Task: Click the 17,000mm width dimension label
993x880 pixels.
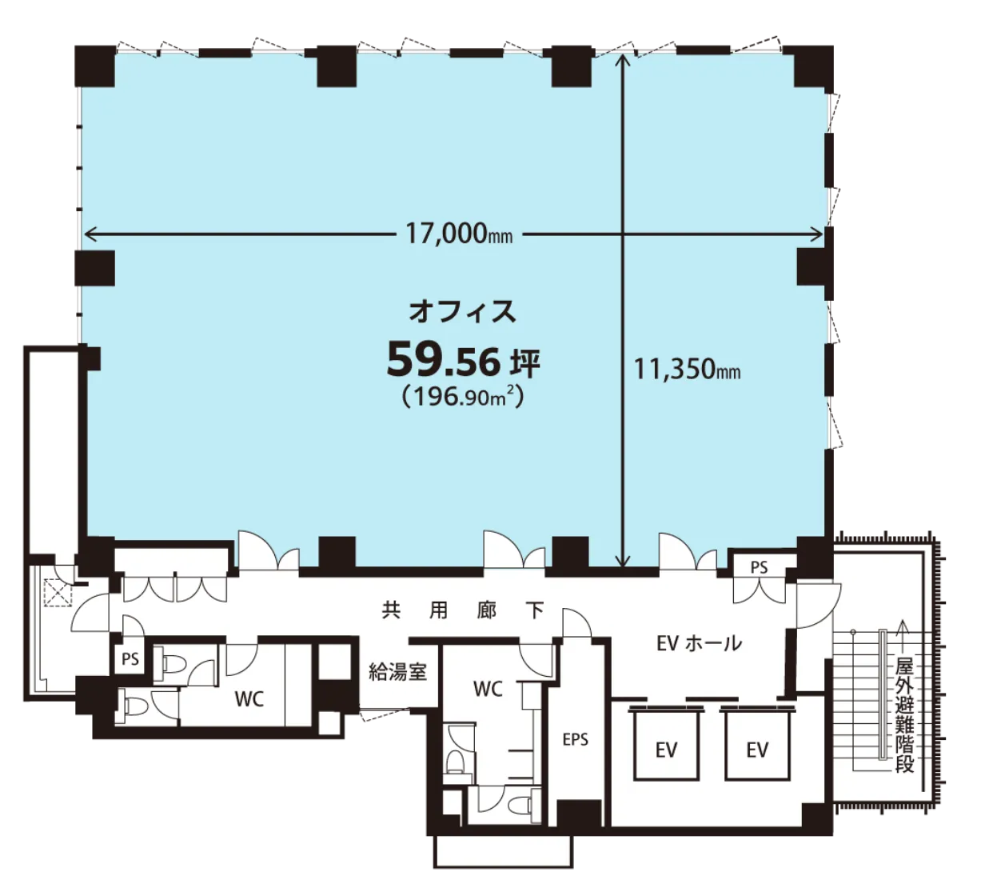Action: (459, 234)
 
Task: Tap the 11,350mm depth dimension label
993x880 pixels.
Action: (687, 369)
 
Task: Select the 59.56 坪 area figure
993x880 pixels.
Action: (463, 361)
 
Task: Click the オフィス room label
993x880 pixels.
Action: (463, 312)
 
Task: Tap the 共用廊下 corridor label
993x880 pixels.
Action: (463, 610)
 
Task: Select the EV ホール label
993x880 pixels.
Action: (699, 643)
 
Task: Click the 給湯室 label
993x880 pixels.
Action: (398, 672)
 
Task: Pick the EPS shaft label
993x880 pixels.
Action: (575, 739)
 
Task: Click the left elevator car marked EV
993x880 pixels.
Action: (666, 749)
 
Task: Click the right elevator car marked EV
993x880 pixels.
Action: (757, 749)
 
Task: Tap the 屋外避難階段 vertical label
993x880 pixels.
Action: (904, 715)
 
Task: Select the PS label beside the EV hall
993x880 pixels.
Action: (760, 567)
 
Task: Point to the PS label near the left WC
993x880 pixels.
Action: (130, 658)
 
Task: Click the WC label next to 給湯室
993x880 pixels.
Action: (489, 689)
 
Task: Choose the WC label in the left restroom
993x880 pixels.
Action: (249, 699)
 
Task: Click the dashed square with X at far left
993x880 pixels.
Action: (58, 593)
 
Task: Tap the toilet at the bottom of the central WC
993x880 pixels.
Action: (520, 805)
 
